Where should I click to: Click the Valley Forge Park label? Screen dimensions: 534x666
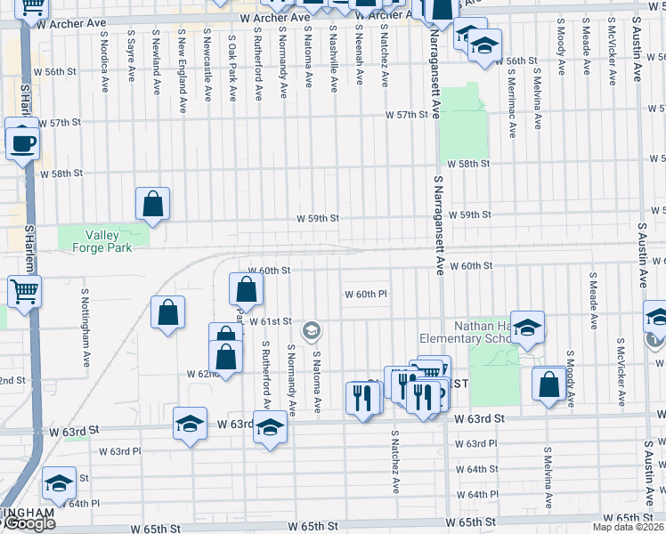click(109, 240)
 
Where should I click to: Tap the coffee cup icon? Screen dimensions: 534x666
click(22, 142)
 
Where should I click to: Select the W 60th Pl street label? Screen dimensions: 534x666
click(366, 295)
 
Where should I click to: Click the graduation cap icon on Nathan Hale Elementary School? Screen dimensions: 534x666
click(527, 328)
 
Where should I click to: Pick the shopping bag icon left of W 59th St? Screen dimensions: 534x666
click(153, 203)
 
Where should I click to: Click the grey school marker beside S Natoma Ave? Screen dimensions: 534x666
click(311, 332)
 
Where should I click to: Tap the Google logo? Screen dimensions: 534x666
click(28, 523)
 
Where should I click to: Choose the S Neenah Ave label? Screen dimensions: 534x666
click(358, 55)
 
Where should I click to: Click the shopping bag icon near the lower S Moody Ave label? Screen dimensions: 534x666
click(549, 384)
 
